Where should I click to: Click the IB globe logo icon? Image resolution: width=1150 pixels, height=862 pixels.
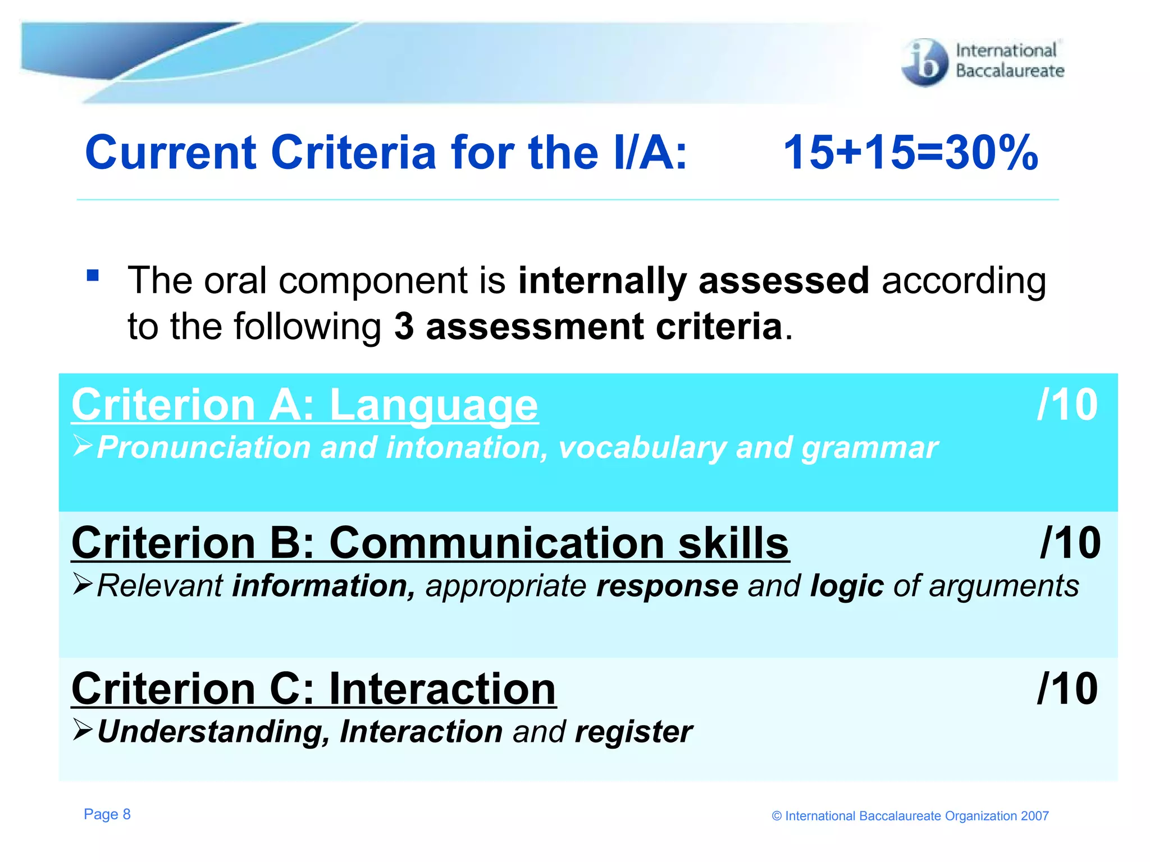click(x=924, y=62)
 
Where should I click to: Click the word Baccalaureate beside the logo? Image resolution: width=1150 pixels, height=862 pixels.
click(x=1010, y=71)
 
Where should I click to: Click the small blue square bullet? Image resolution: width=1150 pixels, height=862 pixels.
click(x=93, y=276)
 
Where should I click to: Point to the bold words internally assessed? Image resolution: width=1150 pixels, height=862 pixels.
click(x=693, y=280)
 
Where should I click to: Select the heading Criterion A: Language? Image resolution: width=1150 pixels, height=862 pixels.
click(x=305, y=405)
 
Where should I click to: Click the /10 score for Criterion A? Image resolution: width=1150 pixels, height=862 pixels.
click(x=1067, y=405)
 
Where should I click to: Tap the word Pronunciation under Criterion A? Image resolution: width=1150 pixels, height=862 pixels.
click(x=203, y=448)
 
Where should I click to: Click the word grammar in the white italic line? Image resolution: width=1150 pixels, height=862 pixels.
click(x=869, y=448)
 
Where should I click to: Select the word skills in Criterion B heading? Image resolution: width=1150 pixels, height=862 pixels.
click(x=733, y=543)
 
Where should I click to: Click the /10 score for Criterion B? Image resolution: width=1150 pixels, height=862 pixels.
click(x=1070, y=543)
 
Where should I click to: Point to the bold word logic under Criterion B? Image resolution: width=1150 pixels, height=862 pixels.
click(x=847, y=586)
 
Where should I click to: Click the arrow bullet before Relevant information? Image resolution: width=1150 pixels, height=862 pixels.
click(x=83, y=584)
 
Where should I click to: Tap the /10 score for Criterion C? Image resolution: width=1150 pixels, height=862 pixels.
click(x=1067, y=689)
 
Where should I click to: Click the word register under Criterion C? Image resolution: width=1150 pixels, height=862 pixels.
click(x=633, y=732)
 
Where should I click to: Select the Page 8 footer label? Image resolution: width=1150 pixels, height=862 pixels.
click(x=107, y=814)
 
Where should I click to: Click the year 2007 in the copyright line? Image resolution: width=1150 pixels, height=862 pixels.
click(x=1034, y=816)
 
